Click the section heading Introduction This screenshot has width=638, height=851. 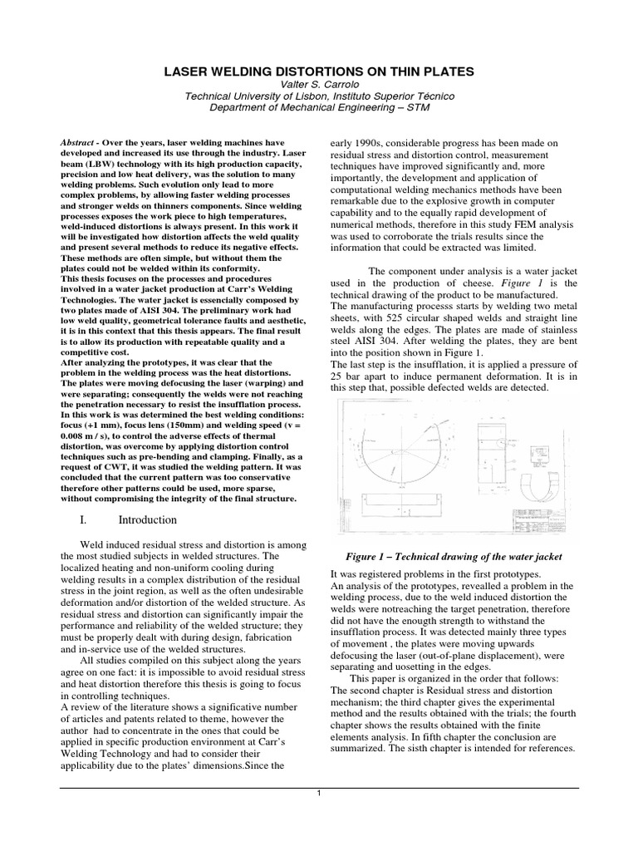tap(146, 520)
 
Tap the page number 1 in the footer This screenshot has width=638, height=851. tap(319, 792)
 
